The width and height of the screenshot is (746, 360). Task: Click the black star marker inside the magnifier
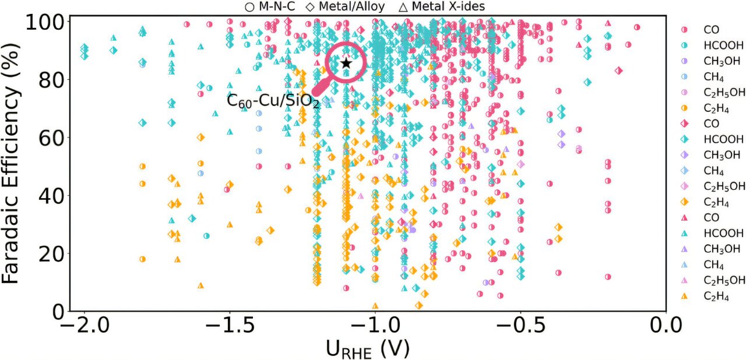point(346,63)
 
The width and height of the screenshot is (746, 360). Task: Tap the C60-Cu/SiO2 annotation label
point(273,101)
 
